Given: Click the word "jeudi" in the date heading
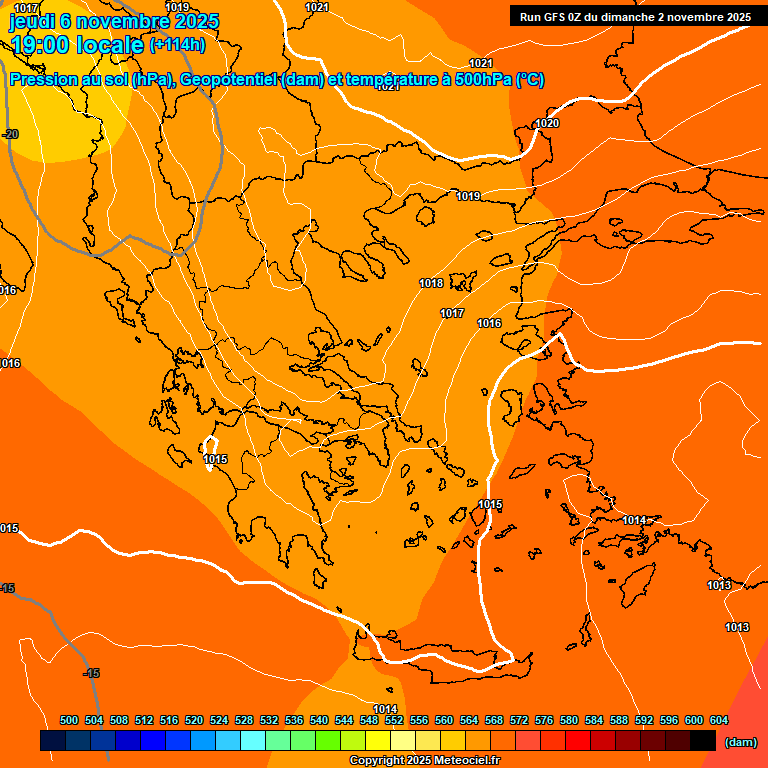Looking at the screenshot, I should tap(32, 21).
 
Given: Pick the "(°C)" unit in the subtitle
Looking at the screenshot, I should tap(530, 80).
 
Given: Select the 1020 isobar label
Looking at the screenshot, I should tap(547, 124).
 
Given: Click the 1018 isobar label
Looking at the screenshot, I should tap(431, 284).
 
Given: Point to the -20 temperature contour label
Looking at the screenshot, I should tap(11, 134).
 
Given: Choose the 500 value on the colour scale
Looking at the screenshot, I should tap(69, 720).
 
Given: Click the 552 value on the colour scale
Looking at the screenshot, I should tap(394, 720).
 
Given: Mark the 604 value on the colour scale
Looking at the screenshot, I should tap(719, 720).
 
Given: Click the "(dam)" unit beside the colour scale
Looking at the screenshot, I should tap(740, 741).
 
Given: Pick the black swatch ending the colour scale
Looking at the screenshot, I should tap(702, 741).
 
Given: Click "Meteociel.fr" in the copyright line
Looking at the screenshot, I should tap(465, 761).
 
